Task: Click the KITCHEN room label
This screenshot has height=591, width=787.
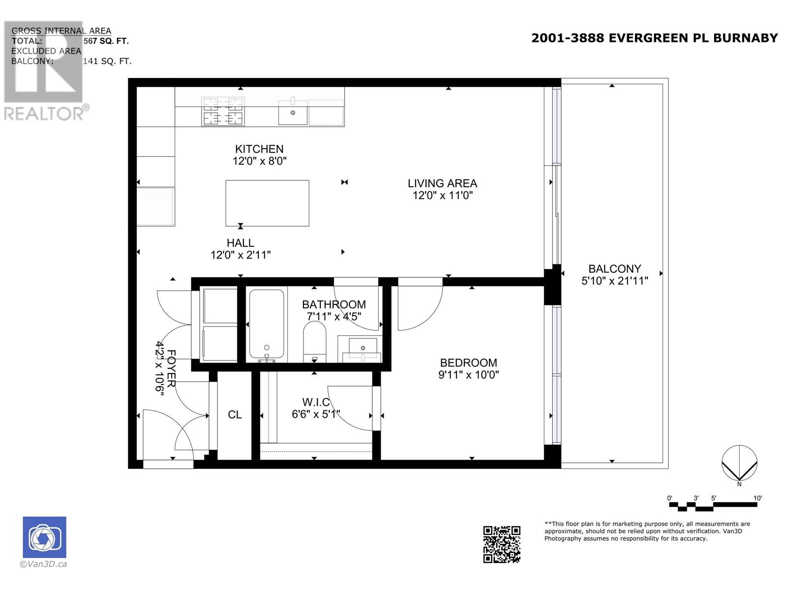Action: pyautogui.click(x=259, y=149)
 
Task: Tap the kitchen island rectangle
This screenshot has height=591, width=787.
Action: pyautogui.click(x=267, y=203)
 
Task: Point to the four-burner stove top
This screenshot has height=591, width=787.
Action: pyautogui.click(x=223, y=112)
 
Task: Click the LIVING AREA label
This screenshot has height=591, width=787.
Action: pyautogui.click(x=442, y=183)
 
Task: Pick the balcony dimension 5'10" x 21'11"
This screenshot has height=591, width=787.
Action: pyautogui.click(x=615, y=281)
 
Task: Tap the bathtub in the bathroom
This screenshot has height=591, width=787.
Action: pyautogui.click(x=267, y=325)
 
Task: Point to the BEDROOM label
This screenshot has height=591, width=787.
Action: pyautogui.click(x=469, y=363)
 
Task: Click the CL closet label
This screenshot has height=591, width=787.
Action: pyautogui.click(x=235, y=415)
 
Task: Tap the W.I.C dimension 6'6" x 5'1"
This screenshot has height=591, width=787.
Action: pyautogui.click(x=316, y=415)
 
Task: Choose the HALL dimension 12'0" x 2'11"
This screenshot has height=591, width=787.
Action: pyautogui.click(x=241, y=255)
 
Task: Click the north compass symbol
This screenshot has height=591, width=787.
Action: pyautogui.click(x=739, y=463)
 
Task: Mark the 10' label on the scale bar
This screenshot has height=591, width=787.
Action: pyautogui.click(x=757, y=498)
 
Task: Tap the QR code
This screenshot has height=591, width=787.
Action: pyautogui.click(x=502, y=544)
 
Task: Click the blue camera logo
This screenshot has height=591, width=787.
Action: pyautogui.click(x=44, y=537)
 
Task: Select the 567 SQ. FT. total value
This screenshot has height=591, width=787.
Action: pyautogui.click(x=106, y=41)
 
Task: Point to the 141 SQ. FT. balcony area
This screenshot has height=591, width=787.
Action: pyautogui.click(x=107, y=62)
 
